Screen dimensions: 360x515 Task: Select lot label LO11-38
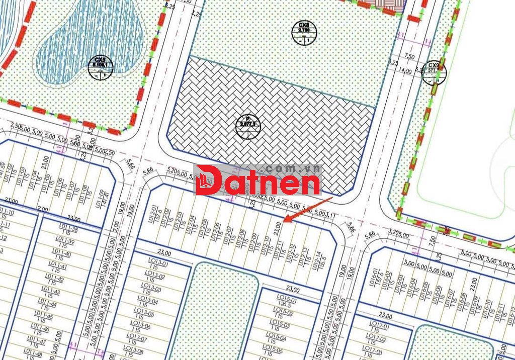[69, 229]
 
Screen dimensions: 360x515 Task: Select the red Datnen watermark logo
[257, 181]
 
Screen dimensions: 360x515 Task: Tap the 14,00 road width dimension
[404, 71]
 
